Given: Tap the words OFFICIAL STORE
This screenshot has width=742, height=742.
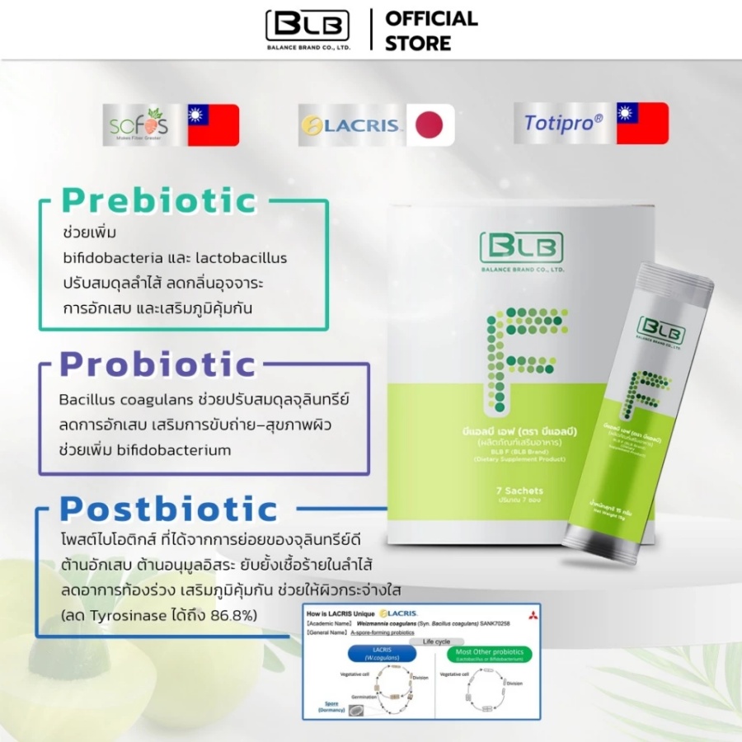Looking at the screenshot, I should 431,31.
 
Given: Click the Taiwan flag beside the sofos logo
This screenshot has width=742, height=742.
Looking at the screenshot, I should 213,125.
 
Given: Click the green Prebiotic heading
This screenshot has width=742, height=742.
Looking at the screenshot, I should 159,200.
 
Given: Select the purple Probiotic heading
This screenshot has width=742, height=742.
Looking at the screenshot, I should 158,364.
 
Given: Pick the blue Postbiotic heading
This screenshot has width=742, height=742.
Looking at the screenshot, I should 170,509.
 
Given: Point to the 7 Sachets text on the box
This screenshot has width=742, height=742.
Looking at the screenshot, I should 520,491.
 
